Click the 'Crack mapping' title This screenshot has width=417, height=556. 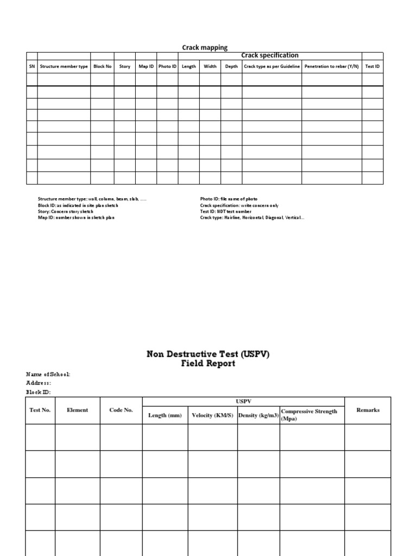[x=205, y=48]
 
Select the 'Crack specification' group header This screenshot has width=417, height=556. [x=270, y=55]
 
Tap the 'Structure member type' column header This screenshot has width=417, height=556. [x=64, y=66]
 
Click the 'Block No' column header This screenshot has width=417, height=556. [x=102, y=66]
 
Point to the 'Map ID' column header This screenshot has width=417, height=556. [x=146, y=66]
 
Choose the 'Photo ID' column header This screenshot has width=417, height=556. [x=167, y=66]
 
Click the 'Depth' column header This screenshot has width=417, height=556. [x=231, y=66]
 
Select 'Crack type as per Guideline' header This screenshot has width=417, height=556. [x=271, y=66]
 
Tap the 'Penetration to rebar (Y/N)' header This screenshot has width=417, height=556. [x=331, y=66]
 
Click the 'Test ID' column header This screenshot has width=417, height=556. [x=372, y=66]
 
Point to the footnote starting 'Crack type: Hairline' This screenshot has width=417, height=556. [x=252, y=217]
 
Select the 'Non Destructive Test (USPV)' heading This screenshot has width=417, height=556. [x=208, y=354]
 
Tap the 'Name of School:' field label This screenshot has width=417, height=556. [x=48, y=374]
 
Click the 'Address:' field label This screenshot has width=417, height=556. [x=39, y=383]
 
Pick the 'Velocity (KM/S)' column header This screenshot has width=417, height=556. [x=212, y=415]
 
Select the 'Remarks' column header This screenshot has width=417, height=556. [x=368, y=410]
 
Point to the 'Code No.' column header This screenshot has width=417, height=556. [x=121, y=410]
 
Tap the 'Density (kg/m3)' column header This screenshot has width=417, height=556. [x=258, y=415]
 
